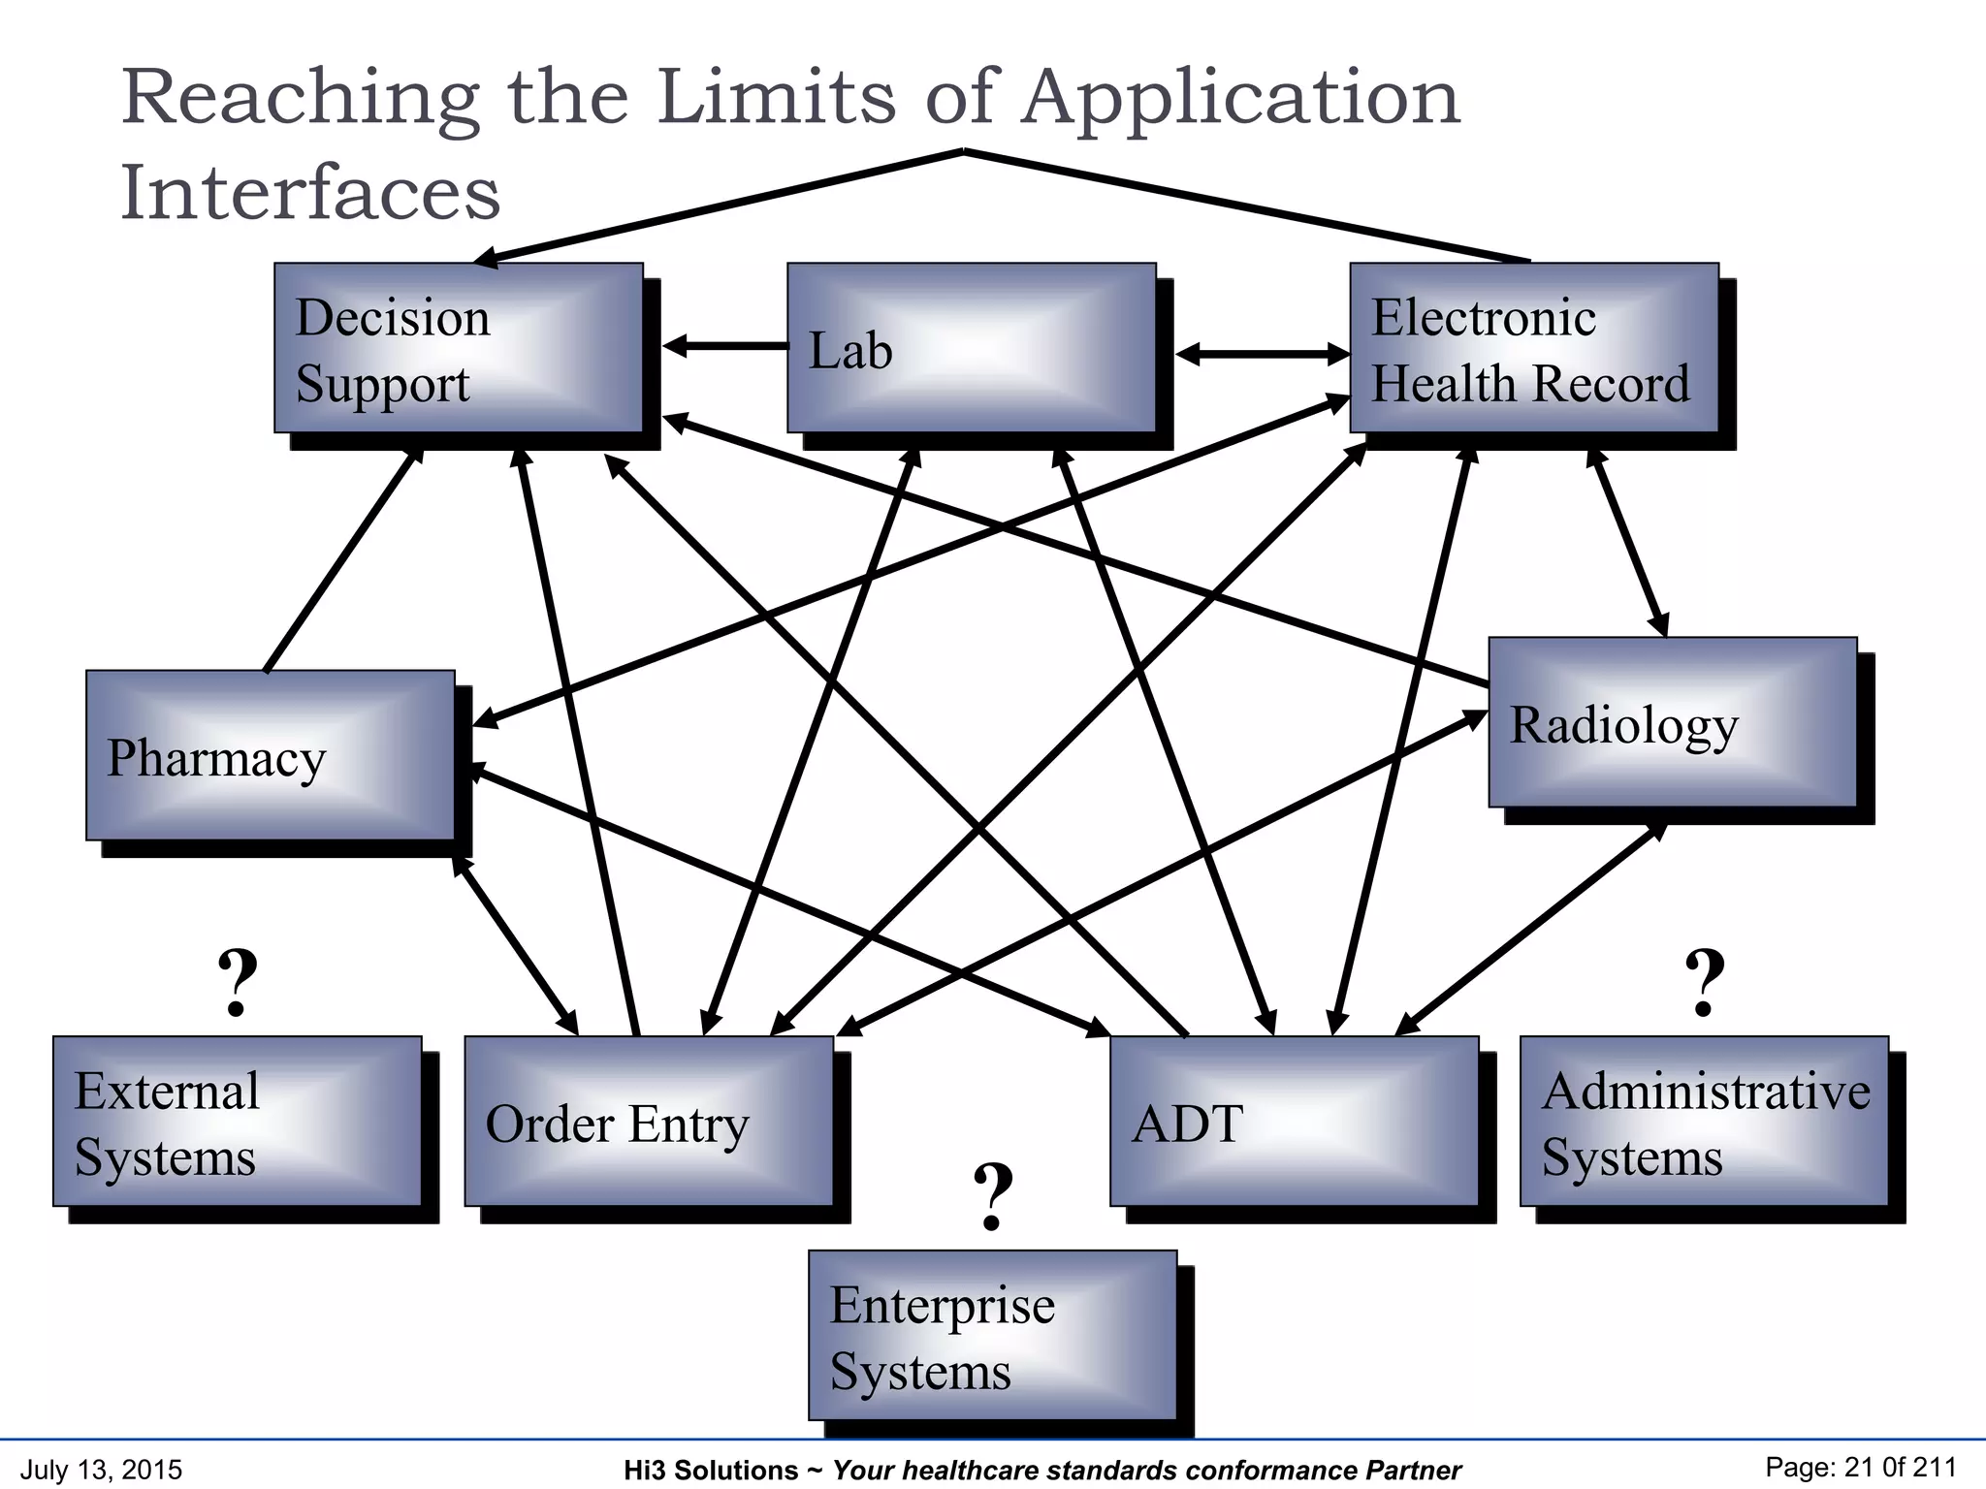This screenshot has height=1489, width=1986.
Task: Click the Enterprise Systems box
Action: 992,1335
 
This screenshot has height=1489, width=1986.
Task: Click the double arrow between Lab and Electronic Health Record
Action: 1262,354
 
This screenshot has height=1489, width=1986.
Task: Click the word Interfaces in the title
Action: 310,192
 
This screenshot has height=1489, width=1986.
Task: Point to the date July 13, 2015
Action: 101,1470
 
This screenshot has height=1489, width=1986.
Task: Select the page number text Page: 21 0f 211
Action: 1860,1468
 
